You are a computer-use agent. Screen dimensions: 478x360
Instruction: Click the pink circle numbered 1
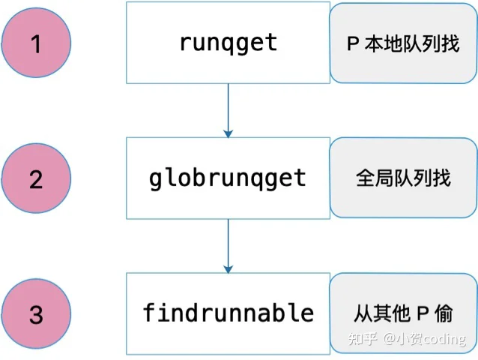click(x=36, y=43)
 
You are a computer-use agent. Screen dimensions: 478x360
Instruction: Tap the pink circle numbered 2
click(x=36, y=178)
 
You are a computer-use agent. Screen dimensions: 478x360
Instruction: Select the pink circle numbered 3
click(x=36, y=314)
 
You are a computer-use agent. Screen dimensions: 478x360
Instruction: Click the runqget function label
click(x=229, y=43)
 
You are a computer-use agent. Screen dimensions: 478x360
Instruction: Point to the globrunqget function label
click(x=228, y=179)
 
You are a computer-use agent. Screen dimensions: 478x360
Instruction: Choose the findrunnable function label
click(x=229, y=313)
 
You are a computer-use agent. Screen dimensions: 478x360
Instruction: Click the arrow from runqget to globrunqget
click(x=228, y=110)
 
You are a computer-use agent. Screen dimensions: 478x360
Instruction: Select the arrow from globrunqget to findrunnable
click(x=228, y=246)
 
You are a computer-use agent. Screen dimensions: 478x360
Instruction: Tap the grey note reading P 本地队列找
click(x=403, y=43)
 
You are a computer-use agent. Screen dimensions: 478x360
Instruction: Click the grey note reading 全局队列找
click(x=403, y=178)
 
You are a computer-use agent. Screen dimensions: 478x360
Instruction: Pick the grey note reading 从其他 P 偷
click(x=403, y=313)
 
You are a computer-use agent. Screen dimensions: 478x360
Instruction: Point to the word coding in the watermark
click(x=445, y=339)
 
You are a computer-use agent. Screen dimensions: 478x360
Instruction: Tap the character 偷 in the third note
click(x=444, y=313)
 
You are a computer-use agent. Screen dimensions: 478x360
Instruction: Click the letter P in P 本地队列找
click(x=353, y=43)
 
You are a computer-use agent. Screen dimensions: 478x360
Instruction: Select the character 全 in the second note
click(x=365, y=178)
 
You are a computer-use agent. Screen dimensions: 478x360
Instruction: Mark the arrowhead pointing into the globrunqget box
click(x=228, y=134)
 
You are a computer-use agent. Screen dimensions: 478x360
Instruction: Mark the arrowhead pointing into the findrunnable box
click(x=228, y=269)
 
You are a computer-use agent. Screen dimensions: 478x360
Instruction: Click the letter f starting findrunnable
click(x=150, y=312)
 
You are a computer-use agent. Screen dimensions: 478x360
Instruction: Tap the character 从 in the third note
click(x=363, y=313)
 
